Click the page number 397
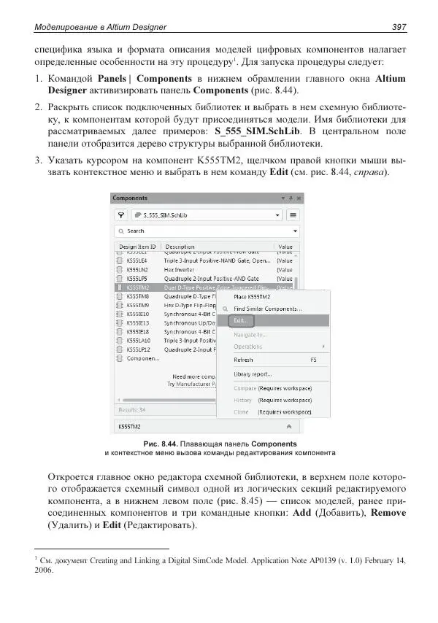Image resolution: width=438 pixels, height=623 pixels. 398,27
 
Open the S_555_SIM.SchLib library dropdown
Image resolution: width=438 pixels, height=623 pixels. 207,215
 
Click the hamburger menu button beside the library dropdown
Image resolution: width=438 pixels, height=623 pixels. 293,215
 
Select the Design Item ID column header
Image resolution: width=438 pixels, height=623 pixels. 137,247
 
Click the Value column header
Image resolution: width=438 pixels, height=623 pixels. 285,247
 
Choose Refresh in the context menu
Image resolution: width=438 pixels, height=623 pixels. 243,360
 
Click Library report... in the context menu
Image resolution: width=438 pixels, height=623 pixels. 253,374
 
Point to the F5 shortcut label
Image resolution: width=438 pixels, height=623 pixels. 314,360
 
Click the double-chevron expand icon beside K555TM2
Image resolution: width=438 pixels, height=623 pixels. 289,425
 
